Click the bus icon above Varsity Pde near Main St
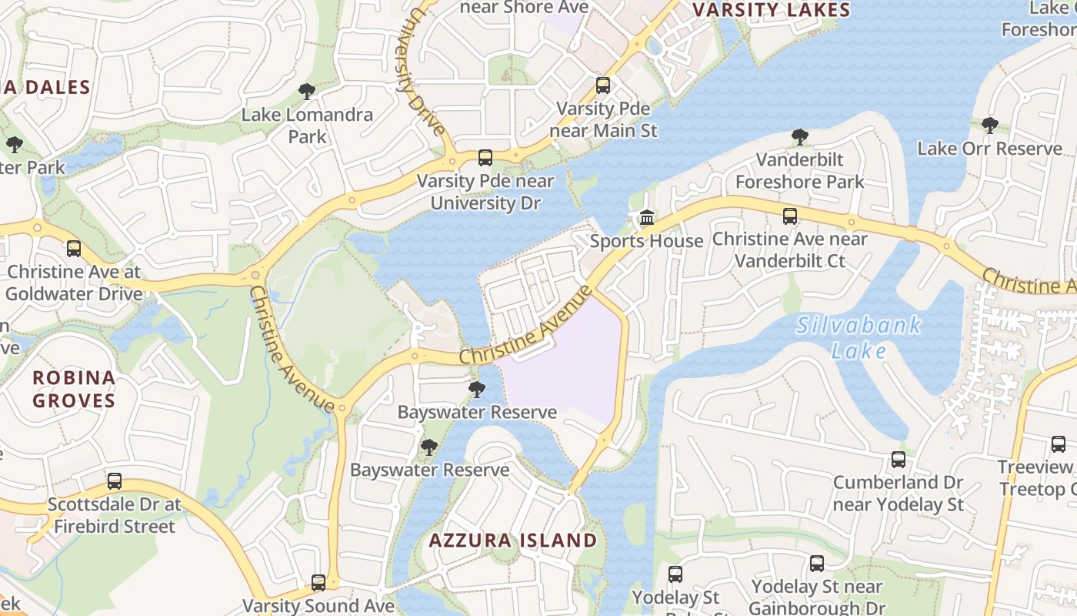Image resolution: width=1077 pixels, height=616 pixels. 603,85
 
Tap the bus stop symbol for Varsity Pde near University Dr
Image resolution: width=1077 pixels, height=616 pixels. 485,158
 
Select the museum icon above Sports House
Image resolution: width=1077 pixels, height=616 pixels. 647,219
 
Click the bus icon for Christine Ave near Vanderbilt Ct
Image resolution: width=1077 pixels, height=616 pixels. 790,216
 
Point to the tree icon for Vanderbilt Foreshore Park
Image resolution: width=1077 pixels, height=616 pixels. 800,138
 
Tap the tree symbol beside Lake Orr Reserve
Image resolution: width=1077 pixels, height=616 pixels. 990,126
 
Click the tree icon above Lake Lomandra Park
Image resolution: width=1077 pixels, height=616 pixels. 307,92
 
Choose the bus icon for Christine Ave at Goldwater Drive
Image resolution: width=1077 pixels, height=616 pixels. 74,249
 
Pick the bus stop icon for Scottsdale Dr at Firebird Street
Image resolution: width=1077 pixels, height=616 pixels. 115,481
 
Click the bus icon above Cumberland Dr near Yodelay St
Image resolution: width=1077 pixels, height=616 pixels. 899,460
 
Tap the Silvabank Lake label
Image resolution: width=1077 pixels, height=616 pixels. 859,337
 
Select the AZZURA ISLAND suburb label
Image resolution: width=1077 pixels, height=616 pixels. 512,541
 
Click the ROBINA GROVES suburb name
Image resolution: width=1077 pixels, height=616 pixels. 74,389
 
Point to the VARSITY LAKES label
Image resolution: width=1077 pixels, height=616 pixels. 772,10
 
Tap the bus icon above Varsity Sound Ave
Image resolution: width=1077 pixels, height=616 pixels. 318,583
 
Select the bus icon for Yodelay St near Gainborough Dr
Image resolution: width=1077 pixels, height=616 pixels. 817,564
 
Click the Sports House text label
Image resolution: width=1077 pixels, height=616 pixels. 647,241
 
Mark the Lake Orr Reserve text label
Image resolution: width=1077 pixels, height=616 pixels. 989,149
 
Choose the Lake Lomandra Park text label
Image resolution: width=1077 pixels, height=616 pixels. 307,126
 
